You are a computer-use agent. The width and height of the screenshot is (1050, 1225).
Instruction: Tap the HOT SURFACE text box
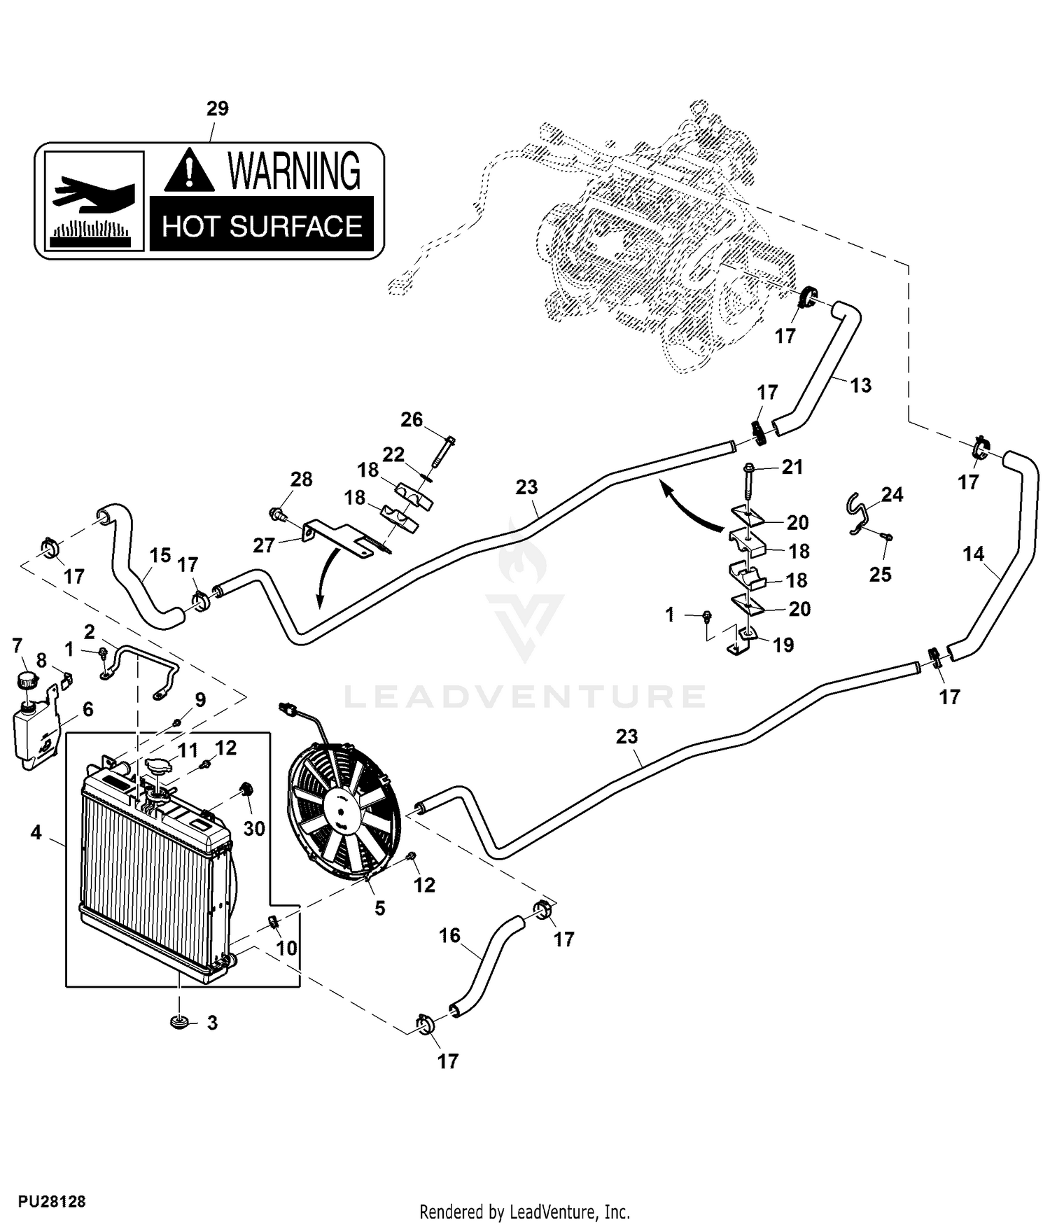click(262, 225)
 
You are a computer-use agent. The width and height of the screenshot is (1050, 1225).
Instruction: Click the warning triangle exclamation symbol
click(189, 172)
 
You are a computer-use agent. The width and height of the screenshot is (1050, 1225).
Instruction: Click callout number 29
click(218, 108)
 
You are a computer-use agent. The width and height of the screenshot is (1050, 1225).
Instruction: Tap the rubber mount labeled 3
click(180, 1023)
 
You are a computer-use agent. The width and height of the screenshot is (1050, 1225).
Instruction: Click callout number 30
click(254, 829)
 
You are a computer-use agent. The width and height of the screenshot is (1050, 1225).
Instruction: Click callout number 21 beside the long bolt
click(792, 467)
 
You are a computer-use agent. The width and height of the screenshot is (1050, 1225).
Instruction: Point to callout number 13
click(861, 385)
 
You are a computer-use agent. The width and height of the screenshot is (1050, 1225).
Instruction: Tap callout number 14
click(974, 554)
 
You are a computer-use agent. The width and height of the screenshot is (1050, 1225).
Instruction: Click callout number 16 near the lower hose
click(449, 935)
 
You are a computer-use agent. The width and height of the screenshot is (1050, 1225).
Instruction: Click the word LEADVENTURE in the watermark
click(525, 696)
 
